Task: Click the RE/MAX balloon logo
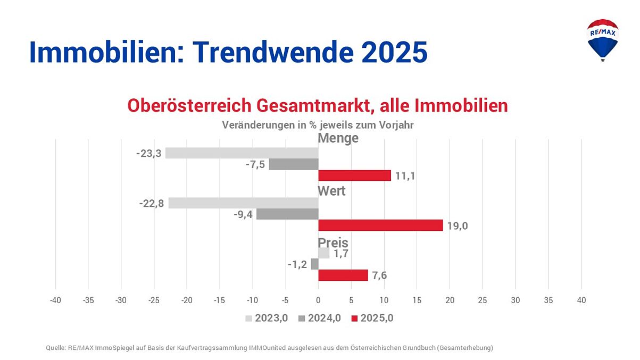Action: coord(602,39)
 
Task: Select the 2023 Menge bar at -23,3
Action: coord(242,153)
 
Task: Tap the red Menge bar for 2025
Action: coord(354,175)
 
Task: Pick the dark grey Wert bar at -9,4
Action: coord(287,214)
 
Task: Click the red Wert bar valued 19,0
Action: coord(380,225)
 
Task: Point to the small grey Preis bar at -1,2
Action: coord(314,264)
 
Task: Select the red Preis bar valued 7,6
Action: coord(343,275)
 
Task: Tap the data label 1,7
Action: coord(341,253)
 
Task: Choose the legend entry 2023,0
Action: coord(266,319)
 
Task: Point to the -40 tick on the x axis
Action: coord(55,300)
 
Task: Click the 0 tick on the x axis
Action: coord(318,300)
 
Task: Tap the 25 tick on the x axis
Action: coord(483,300)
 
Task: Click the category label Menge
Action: coord(338,138)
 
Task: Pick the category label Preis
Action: coord(333,242)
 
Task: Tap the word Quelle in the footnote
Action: coord(55,348)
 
